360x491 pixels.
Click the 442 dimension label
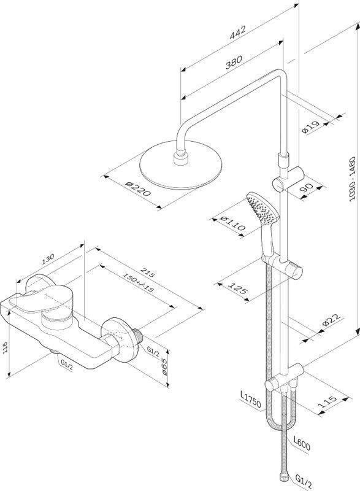pos(238,32)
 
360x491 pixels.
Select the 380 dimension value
pos(233,62)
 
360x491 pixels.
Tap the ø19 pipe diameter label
pos(311,126)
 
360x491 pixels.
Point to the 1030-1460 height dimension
pos(353,179)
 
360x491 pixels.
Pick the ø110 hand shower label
pos(232,223)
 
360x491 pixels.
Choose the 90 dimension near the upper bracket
pos(307,188)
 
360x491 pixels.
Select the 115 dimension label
pos(327,402)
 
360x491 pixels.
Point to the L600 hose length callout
pos(302,444)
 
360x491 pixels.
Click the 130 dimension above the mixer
pos(48,259)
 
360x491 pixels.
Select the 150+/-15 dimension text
pos(138,282)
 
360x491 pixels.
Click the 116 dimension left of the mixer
pos(6,347)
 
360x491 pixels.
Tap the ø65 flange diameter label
pos(165,366)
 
